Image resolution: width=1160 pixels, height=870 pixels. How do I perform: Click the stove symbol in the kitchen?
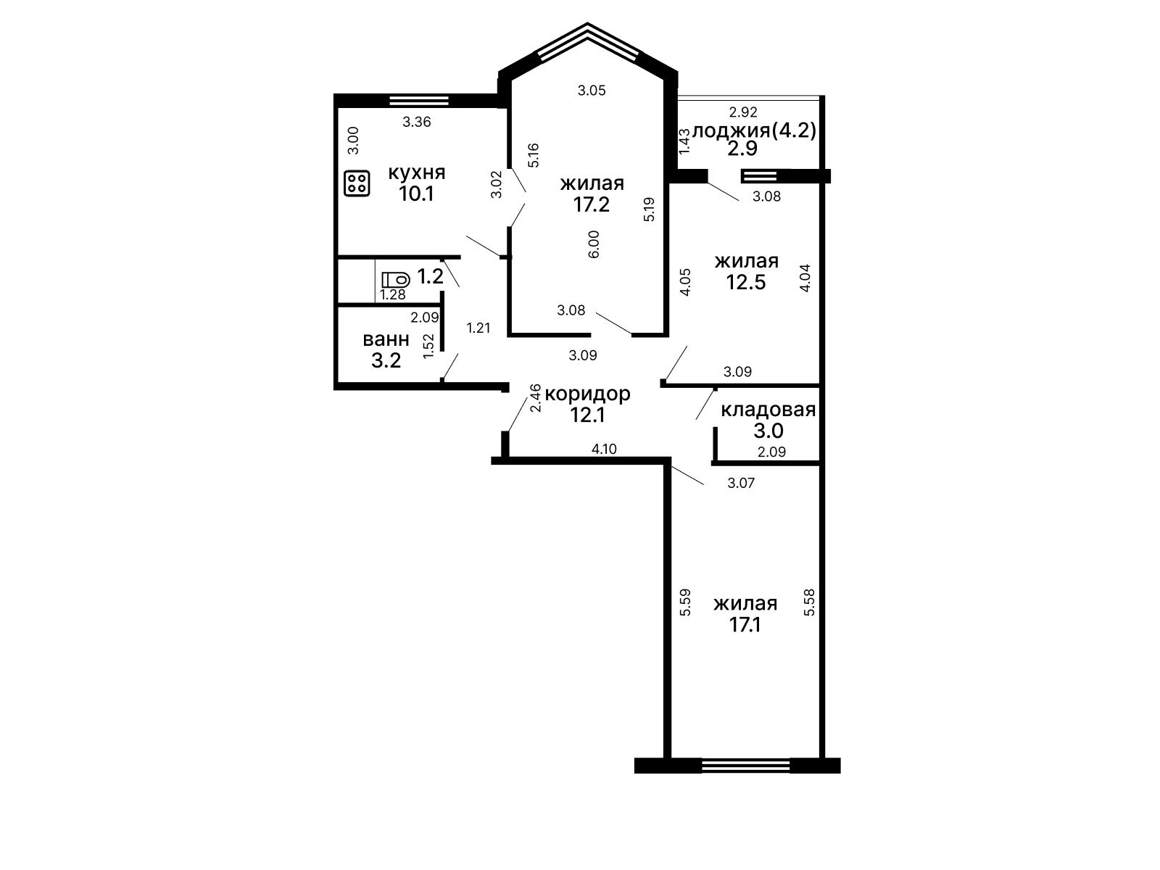pyautogui.click(x=357, y=183)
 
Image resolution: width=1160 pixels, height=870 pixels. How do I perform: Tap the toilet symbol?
pyautogui.click(x=396, y=279)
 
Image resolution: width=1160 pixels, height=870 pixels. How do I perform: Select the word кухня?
pyautogui.click(x=416, y=173)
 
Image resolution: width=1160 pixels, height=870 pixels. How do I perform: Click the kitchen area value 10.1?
pyautogui.click(x=416, y=194)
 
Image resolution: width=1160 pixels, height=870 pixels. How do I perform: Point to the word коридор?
pyautogui.click(x=587, y=394)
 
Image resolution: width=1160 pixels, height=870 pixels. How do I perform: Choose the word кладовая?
pyautogui.click(x=768, y=410)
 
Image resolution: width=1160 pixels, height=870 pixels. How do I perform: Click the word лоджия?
pyautogui.click(x=731, y=130)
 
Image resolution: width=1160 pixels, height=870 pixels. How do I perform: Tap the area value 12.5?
pyautogui.click(x=746, y=283)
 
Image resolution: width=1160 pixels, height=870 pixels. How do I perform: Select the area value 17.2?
pyautogui.click(x=592, y=204)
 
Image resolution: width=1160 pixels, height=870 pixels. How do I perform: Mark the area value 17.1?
pyautogui.click(x=745, y=625)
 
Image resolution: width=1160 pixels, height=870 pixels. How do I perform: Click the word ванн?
pyautogui.click(x=386, y=339)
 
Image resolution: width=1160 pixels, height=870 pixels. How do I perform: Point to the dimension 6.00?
pyautogui.click(x=594, y=244)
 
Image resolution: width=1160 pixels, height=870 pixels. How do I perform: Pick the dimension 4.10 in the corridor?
pyautogui.click(x=604, y=449)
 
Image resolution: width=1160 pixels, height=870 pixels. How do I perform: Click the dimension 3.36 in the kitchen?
pyautogui.click(x=416, y=122)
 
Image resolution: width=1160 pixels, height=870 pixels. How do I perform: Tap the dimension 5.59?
pyautogui.click(x=685, y=602)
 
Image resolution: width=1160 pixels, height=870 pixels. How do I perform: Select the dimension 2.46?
pyautogui.click(x=536, y=398)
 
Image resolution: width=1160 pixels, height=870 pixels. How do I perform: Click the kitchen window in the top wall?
pyautogui.click(x=418, y=100)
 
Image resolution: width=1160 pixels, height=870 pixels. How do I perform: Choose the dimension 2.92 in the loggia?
pyautogui.click(x=743, y=112)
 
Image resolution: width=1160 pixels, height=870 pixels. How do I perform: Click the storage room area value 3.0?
pyautogui.click(x=768, y=431)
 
